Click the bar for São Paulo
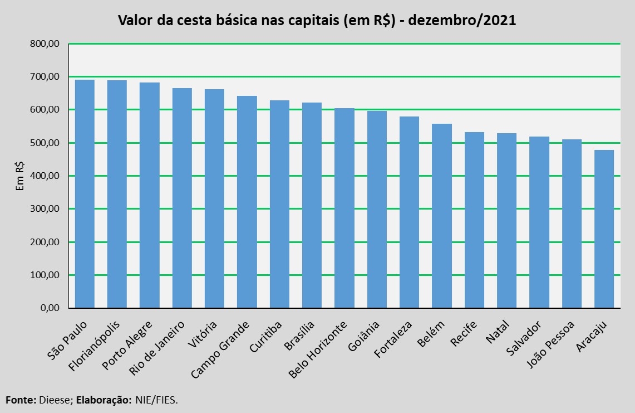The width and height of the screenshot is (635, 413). (85, 194)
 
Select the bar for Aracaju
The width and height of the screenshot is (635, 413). (604, 229)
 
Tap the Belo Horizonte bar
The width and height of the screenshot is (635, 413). (344, 208)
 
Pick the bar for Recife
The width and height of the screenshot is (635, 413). (474, 220)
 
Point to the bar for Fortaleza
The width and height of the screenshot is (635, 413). (410, 212)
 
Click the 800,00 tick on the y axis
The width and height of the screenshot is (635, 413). (45, 44)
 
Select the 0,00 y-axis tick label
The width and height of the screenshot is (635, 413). (50, 308)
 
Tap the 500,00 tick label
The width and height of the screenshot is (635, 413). (45, 143)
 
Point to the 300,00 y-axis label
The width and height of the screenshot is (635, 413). (45, 209)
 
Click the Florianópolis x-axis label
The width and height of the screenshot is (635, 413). (95, 346)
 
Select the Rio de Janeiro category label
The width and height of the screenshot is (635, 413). (157, 348)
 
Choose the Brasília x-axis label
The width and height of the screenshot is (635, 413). (299, 336)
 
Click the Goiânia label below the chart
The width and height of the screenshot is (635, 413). (363, 336)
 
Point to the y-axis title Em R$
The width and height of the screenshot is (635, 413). (20, 176)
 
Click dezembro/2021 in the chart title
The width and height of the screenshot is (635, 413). (462, 20)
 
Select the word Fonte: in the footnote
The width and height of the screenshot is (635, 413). (21, 400)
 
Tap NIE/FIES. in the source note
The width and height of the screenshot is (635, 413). (157, 400)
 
